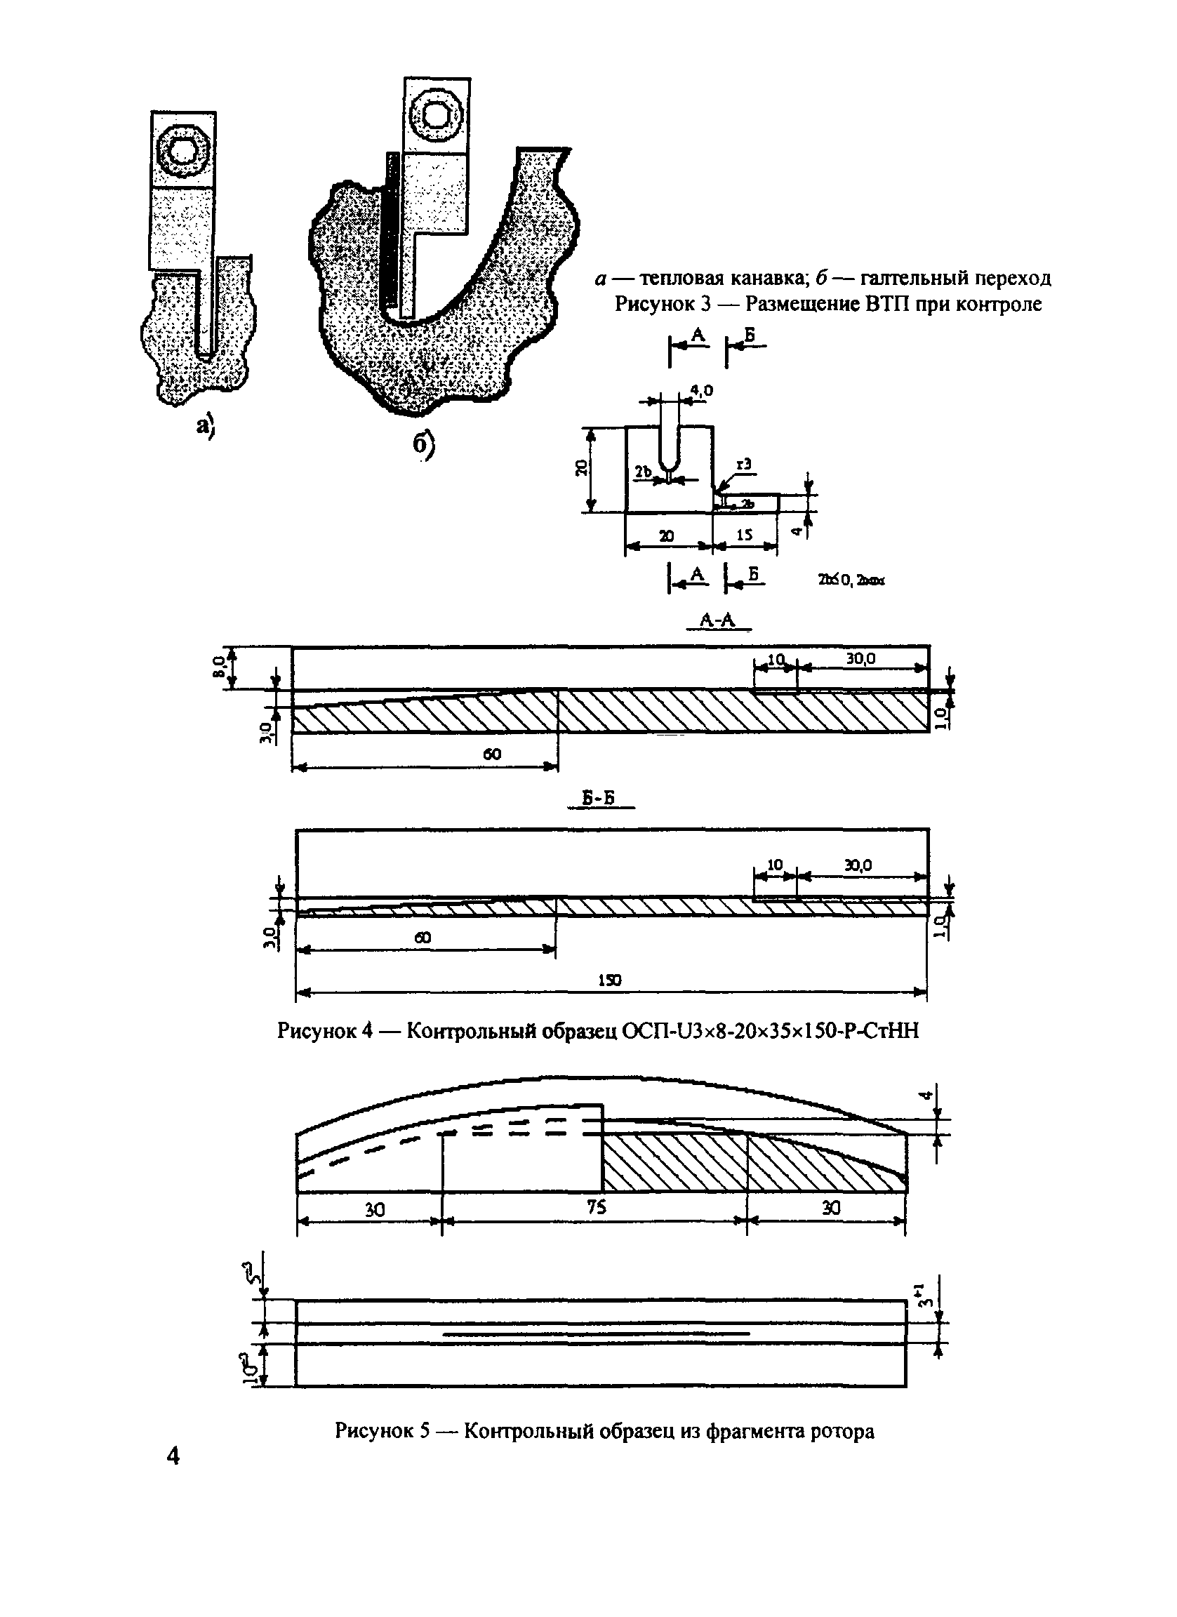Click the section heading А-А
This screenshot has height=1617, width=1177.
click(717, 620)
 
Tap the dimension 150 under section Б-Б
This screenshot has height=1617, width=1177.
click(609, 980)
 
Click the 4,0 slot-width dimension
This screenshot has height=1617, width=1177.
click(701, 390)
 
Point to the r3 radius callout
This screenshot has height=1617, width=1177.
click(743, 464)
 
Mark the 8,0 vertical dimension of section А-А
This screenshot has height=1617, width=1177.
click(221, 667)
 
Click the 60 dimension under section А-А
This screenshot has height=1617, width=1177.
click(492, 754)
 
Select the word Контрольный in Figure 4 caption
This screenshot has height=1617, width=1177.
click(472, 1030)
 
